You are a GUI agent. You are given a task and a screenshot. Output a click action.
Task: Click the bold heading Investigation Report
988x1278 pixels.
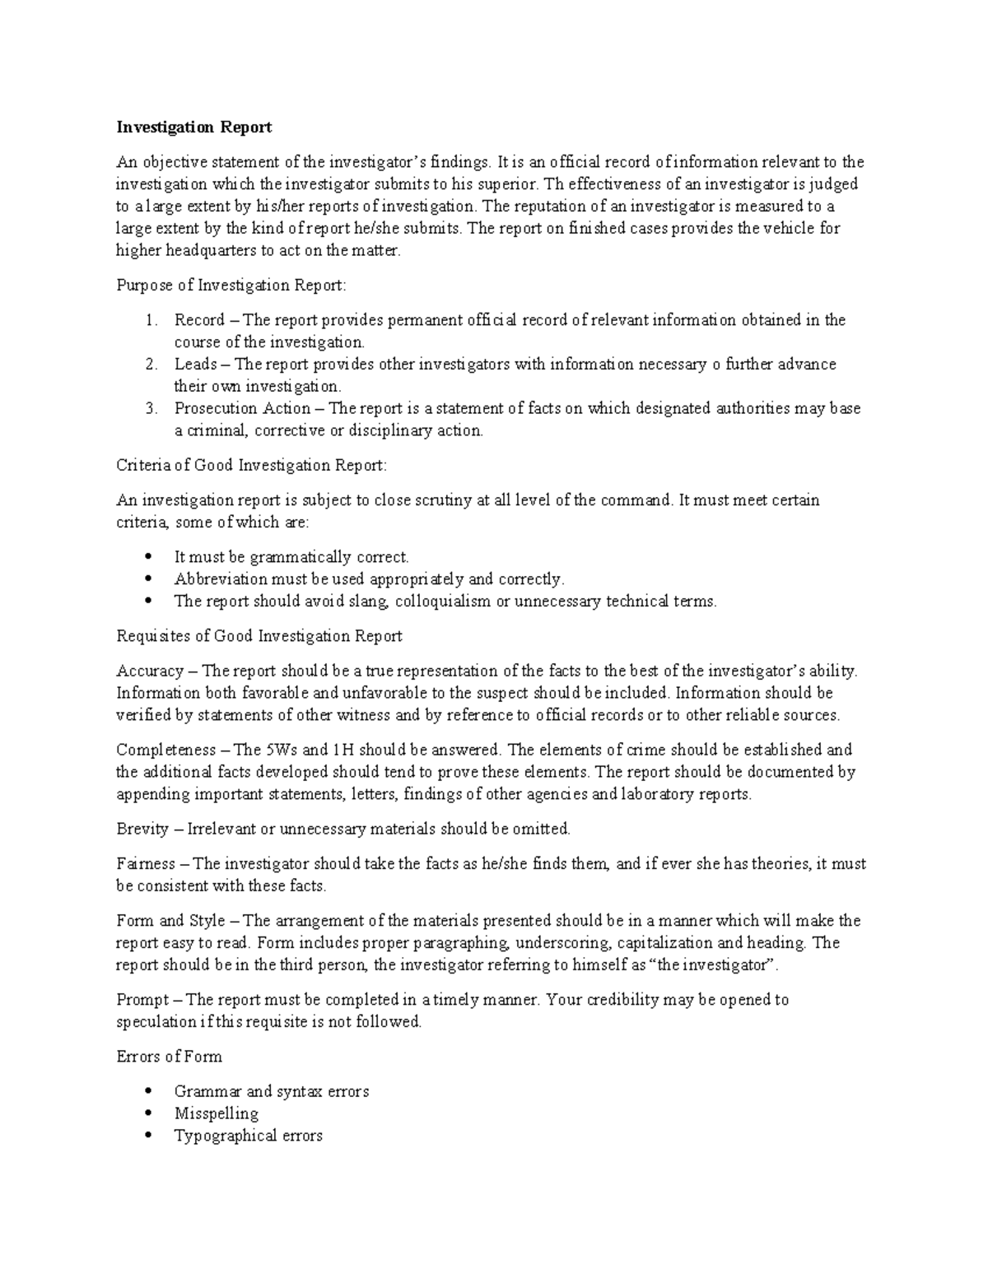pyautogui.click(x=193, y=128)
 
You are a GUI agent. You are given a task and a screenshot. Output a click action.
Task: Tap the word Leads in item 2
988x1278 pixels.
pyautogui.click(x=195, y=365)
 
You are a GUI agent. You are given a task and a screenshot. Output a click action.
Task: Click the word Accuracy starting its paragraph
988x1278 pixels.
pyautogui.click(x=150, y=672)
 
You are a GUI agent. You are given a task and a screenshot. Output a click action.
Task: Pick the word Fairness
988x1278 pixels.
pyautogui.click(x=146, y=864)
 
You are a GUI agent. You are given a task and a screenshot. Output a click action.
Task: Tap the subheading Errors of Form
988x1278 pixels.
pyautogui.click(x=169, y=1057)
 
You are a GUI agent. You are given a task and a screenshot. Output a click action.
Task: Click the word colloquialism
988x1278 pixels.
pyautogui.click(x=442, y=602)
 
